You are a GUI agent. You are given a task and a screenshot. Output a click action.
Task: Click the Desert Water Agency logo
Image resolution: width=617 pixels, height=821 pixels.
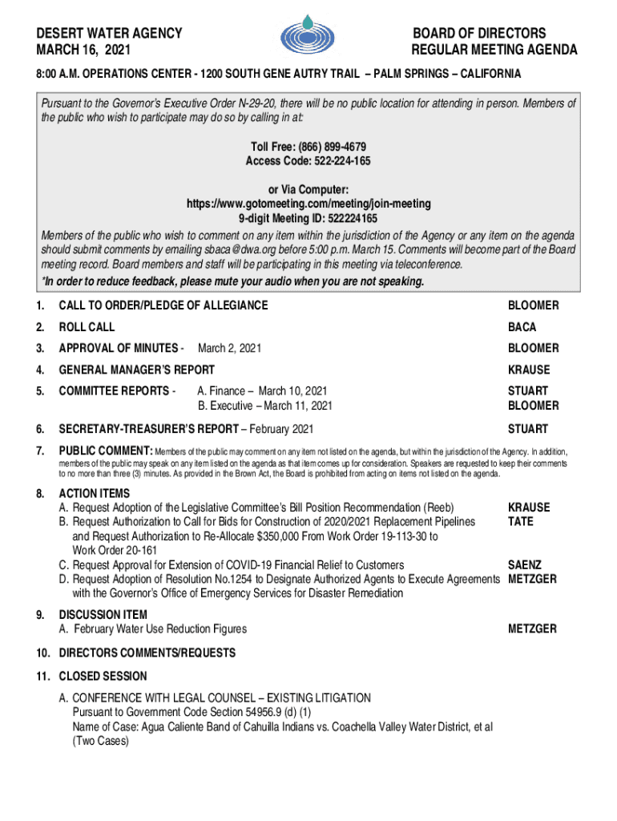pyautogui.click(x=308, y=36)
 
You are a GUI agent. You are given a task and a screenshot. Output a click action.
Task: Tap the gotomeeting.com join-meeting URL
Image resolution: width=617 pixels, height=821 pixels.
pyautogui.click(x=308, y=204)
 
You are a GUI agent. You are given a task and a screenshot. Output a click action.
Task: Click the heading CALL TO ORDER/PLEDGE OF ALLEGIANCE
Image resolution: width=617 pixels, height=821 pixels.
pyautogui.click(x=163, y=305)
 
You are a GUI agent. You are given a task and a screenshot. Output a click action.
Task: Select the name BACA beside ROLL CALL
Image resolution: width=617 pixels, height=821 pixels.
pyautogui.click(x=522, y=327)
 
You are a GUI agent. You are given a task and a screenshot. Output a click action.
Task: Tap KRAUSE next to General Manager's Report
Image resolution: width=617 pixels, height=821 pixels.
pyautogui.click(x=529, y=370)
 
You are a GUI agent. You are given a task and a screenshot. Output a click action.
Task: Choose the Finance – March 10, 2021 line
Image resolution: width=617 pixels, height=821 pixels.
pyautogui.click(x=261, y=391)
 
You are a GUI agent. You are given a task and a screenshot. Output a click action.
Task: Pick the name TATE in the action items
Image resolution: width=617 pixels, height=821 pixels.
pyautogui.click(x=521, y=522)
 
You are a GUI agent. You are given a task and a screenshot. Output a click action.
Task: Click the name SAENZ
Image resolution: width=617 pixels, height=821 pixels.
pyautogui.click(x=526, y=565)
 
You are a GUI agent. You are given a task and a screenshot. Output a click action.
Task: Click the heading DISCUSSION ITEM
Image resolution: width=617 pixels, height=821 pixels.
pyautogui.click(x=103, y=615)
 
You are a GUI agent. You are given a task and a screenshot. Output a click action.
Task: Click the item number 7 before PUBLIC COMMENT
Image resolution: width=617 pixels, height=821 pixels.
pyautogui.click(x=39, y=449)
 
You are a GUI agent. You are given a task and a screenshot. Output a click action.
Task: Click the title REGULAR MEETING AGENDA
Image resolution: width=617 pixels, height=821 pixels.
pyautogui.click(x=494, y=51)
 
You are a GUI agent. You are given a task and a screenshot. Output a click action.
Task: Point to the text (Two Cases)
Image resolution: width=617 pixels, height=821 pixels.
pyautogui.click(x=100, y=742)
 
